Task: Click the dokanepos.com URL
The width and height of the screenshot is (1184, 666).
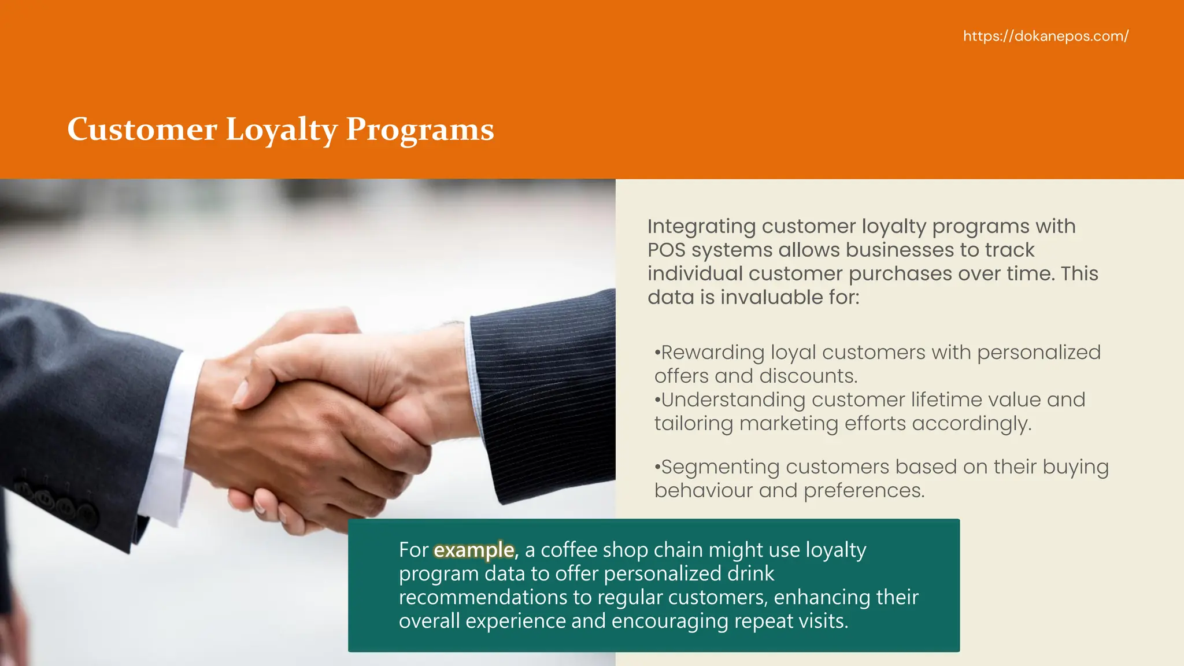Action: click(x=1045, y=36)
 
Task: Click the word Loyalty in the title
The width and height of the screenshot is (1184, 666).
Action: click(x=281, y=129)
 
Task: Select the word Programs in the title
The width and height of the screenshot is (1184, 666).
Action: click(x=420, y=129)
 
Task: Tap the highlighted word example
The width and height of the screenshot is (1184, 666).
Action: click(x=473, y=550)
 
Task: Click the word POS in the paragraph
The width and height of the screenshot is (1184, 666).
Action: click(x=666, y=250)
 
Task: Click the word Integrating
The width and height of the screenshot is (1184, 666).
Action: click(x=701, y=227)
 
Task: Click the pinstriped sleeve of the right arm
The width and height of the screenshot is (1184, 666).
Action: click(x=543, y=399)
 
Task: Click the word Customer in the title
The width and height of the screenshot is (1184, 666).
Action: click(x=142, y=129)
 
